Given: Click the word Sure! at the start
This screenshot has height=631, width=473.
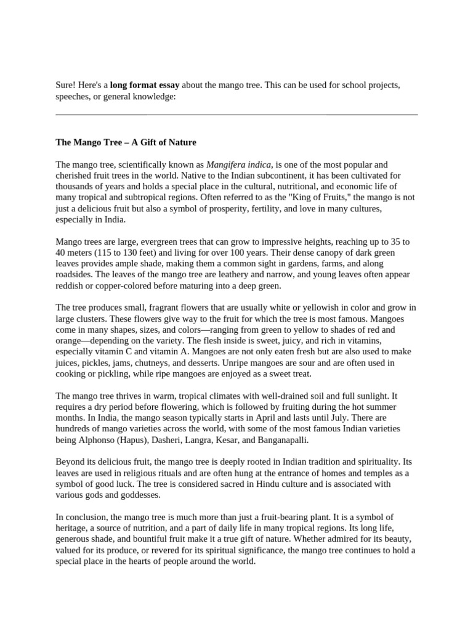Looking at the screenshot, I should coord(66,85).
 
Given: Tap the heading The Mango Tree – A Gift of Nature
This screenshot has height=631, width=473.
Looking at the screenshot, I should coord(126,142).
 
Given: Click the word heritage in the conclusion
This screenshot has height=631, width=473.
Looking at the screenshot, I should coord(72,529).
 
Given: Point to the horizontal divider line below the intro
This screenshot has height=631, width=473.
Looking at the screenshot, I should coord(236,115).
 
